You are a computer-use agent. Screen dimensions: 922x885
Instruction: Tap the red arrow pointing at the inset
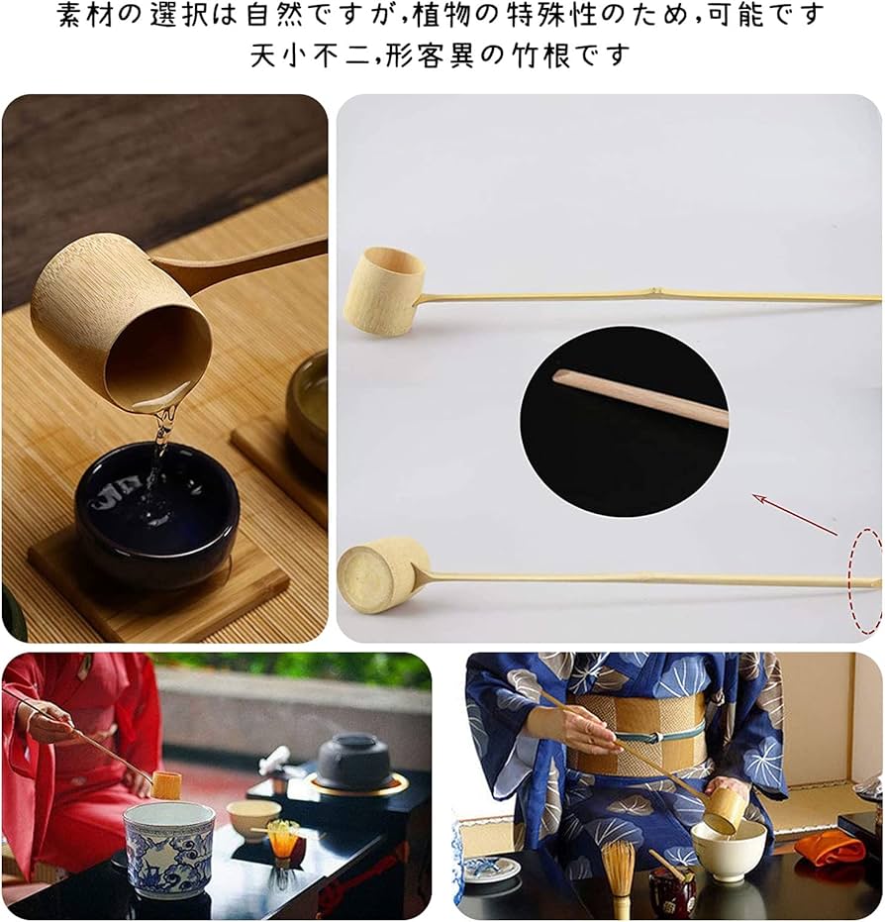[794, 514]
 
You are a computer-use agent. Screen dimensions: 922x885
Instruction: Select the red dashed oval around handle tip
[866, 581]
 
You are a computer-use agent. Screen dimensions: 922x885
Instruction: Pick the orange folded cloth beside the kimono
[829, 847]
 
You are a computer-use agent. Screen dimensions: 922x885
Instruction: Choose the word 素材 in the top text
[81, 15]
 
